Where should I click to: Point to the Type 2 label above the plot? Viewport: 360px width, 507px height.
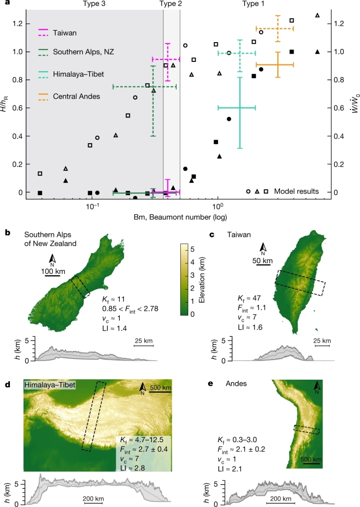click(171, 4)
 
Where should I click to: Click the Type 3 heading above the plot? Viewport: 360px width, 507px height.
click(94, 4)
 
